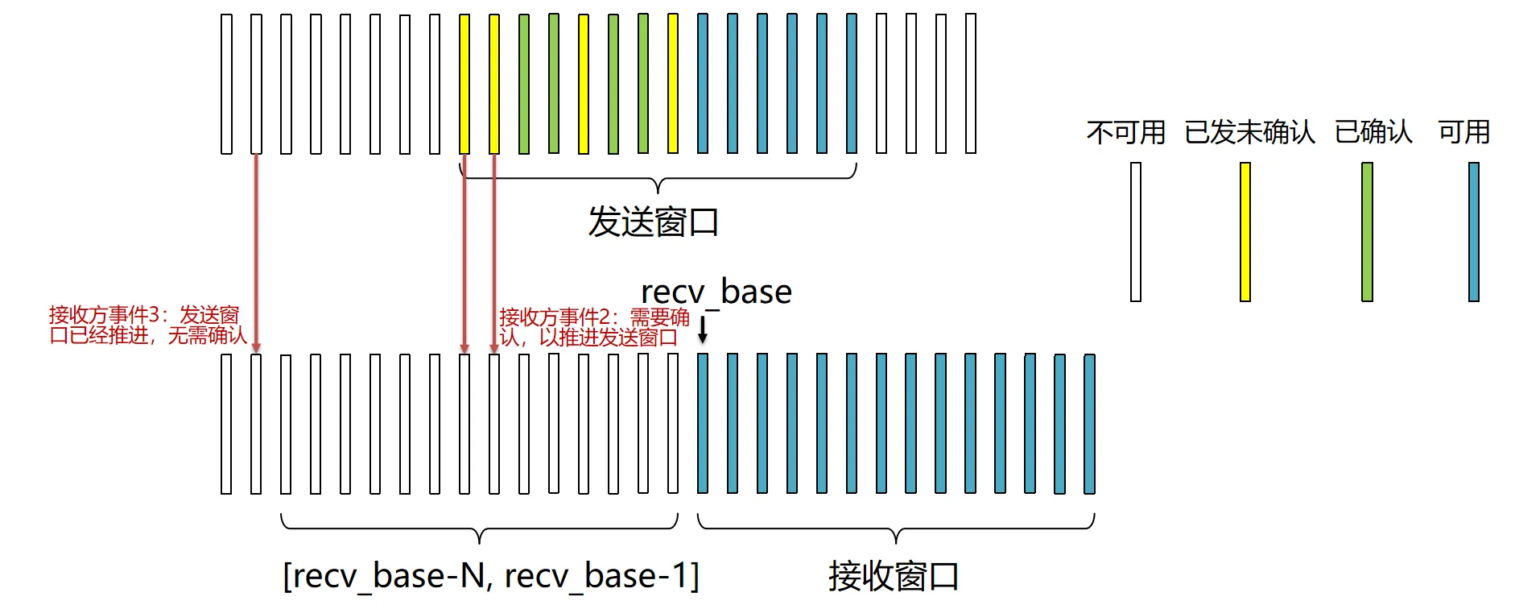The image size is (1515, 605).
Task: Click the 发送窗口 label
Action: coord(653,222)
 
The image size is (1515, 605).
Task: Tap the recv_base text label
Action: coord(716,292)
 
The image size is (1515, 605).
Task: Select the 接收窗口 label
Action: coord(894,576)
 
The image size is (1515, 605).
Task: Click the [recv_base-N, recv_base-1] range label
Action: coord(491,576)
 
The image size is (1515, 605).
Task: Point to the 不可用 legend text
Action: coord(1125,132)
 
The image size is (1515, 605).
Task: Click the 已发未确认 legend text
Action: coord(1249,132)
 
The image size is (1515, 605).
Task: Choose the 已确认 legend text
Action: coord(1373,132)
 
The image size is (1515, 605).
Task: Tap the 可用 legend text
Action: coord(1463,132)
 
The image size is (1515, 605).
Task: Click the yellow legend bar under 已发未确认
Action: coord(1245,232)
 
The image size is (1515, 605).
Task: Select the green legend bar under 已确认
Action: coord(1367,232)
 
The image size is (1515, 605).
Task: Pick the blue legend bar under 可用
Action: coord(1474,232)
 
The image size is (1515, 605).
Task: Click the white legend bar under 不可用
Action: coord(1136,232)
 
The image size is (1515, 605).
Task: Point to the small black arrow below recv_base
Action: coord(703,329)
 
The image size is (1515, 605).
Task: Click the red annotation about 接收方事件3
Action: coord(147,325)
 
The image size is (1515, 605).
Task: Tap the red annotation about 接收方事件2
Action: coord(594,327)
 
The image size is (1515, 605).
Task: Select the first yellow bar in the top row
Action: coord(464,84)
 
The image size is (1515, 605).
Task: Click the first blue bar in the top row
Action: coord(703,84)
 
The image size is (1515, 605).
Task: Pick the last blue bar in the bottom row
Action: coord(1089,424)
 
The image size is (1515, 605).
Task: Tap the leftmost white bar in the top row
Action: coord(226,84)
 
